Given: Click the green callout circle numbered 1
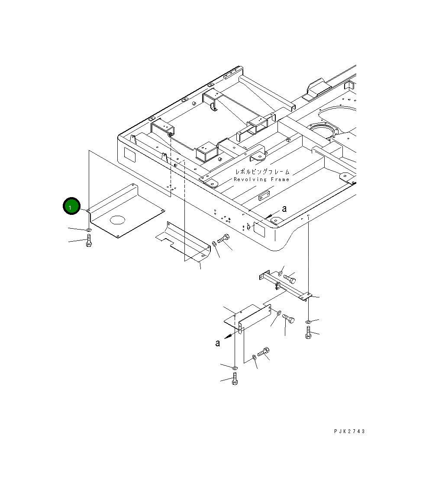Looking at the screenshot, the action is [x=71, y=206].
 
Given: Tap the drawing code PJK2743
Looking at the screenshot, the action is [x=349, y=431].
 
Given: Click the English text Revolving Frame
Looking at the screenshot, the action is [x=261, y=179].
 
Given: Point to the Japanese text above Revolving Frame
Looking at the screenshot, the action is [x=262, y=172].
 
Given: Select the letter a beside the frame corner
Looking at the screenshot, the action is [x=284, y=209].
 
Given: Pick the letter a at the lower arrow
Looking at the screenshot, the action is [x=217, y=343].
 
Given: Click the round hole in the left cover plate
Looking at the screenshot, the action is [x=118, y=220].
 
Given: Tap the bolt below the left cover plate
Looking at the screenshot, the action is [x=89, y=240].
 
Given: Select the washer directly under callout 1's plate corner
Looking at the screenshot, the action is [x=89, y=229].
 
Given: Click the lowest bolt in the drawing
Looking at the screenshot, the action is [x=235, y=379].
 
